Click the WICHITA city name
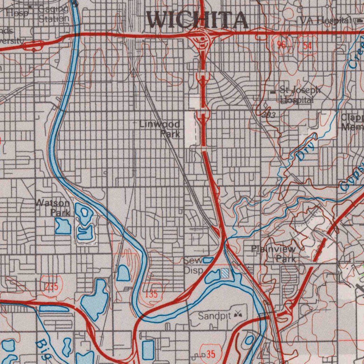198,20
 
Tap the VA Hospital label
325,21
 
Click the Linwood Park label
160,129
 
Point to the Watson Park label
53,208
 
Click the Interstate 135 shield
151,294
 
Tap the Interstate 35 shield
210,354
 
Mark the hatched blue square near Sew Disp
226,273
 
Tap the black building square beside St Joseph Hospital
273,92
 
